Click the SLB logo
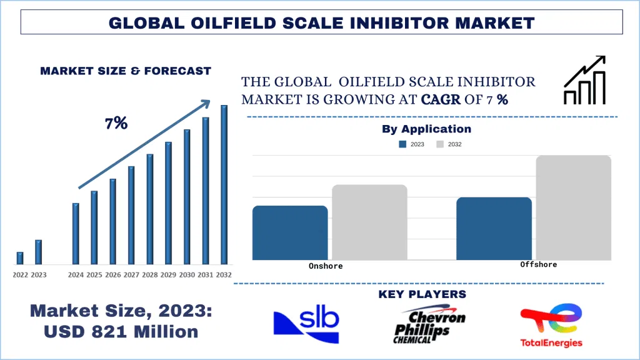click(x=306, y=324)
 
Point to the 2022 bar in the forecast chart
click(x=20, y=258)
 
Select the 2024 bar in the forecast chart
click(x=76, y=234)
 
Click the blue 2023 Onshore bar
click(x=290, y=232)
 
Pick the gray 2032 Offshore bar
click(x=573, y=207)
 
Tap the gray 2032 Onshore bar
click(x=369, y=222)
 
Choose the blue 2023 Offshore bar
click(x=494, y=228)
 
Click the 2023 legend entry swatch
click(x=403, y=144)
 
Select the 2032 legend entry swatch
click(x=440, y=144)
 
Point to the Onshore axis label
click(x=326, y=266)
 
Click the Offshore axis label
click(x=538, y=264)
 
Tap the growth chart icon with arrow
click(x=584, y=80)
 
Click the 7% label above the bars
click(x=116, y=124)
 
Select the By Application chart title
click(x=426, y=129)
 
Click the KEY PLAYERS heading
click(x=422, y=294)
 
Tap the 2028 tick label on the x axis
click(x=150, y=275)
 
